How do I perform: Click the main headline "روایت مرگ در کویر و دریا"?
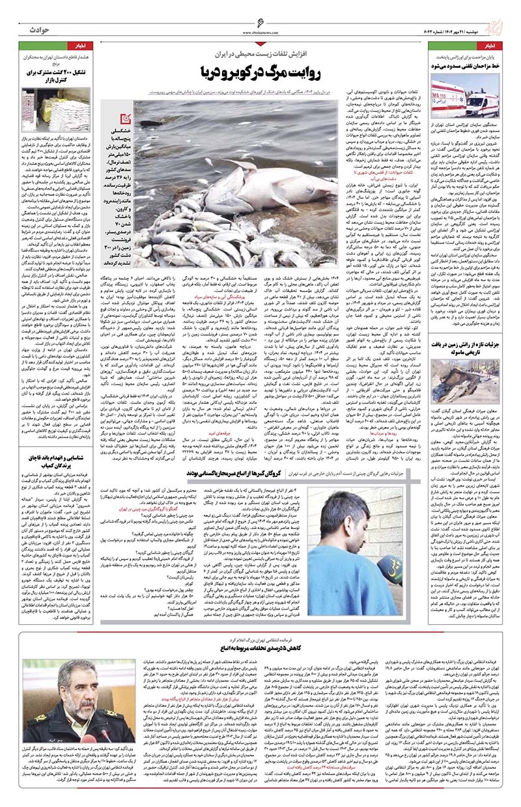coord(260,70)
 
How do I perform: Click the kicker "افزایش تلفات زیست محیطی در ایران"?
coord(261,51)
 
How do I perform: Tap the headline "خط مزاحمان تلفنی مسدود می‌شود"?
coord(464,66)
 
